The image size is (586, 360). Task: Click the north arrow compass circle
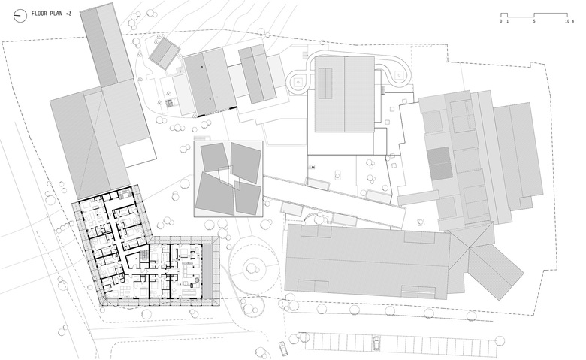click(20, 15)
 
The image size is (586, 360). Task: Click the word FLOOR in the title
click(39, 14)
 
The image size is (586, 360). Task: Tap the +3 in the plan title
click(68, 14)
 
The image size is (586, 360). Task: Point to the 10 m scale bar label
click(569, 21)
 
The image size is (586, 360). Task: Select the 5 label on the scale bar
click(533, 21)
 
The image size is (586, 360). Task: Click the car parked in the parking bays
click(376, 343)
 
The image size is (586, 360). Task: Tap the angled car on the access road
click(283, 348)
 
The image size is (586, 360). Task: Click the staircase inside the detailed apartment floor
click(144, 257)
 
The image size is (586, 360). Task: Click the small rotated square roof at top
click(165, 53)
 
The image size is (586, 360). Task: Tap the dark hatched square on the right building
click(440, 163)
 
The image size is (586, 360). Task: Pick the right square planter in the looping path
click(399, 74)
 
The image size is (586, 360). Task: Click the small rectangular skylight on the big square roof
click(325, 83)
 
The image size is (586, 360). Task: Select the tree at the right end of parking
click(500, 340)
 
